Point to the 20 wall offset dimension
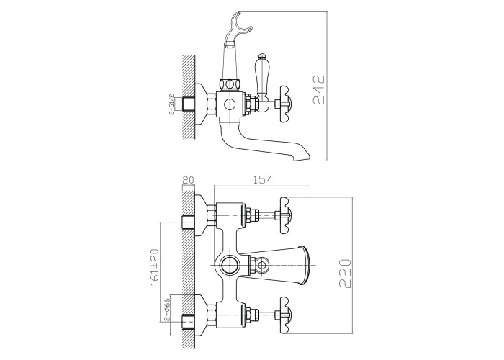(x=189, y=181)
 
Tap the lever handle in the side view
(x=262, y=76)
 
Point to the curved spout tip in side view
(x=302, y=153)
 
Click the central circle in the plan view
(x=229, y=264)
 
